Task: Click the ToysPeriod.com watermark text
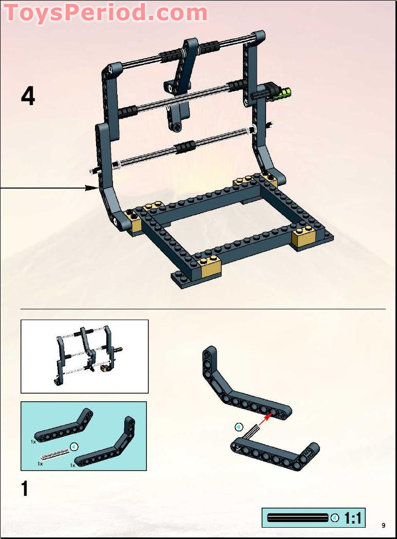click(105, 12)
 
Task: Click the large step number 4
click(28, 97)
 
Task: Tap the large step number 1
click(25, 489)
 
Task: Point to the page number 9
click(383, 525)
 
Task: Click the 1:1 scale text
click(352, 518)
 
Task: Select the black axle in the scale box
click(297, 517)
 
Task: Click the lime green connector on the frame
click(283, 94)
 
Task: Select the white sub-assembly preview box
click(84, 356)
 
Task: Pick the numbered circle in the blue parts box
click(74, 447)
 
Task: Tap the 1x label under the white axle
click(40, 463)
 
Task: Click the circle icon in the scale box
click(335, 517)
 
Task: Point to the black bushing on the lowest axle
click(183, 148)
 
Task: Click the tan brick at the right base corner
click(304, 237)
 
